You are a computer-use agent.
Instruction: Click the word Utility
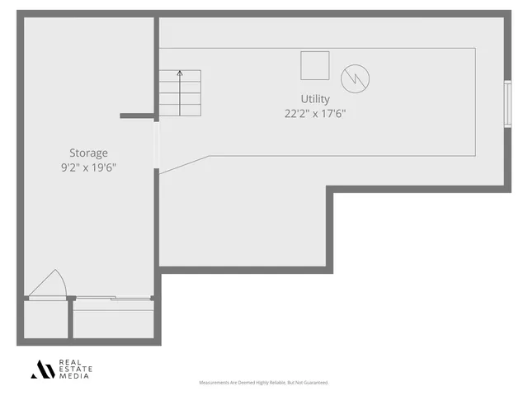(x=315, y=99)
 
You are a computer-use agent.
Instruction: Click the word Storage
(x=88, y=153)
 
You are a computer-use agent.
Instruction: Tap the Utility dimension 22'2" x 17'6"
(x=315, y=114)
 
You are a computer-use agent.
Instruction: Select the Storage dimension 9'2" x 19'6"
(x=88, y=167)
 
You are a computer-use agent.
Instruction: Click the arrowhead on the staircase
(x=180, y=74)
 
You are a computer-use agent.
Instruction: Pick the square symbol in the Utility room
(x=314, y=65)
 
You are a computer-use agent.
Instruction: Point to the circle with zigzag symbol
(x=355, y=78)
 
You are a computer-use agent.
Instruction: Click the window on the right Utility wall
(x=507, y=104)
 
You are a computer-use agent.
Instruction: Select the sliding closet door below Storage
(x=112, y=298)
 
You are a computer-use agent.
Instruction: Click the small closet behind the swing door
(x=45, y=319)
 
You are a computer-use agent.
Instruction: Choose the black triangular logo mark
(x=43, y=369)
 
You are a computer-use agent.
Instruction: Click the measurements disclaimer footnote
(x=264, y=383)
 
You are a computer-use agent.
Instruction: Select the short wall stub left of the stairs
(x=137, y=115)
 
